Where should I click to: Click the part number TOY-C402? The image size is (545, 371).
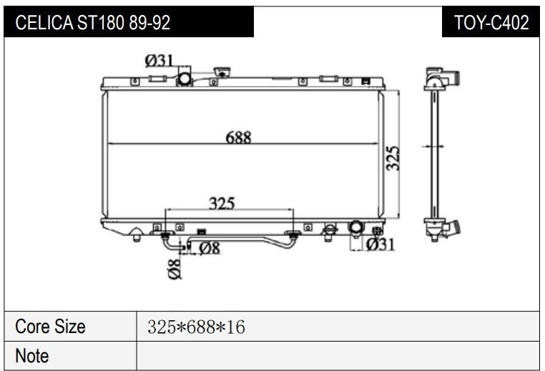491,22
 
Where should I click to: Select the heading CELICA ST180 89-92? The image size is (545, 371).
92,22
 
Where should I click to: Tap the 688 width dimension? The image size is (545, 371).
238,138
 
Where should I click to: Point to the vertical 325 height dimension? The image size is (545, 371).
393,158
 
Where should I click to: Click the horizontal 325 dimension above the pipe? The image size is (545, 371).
222,203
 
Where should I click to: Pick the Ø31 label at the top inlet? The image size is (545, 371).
159,61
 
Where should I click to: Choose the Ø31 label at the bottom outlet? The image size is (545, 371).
380,244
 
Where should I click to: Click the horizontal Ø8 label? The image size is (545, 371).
210,248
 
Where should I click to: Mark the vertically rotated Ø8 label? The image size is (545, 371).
175,269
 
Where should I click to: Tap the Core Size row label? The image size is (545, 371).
50,327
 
